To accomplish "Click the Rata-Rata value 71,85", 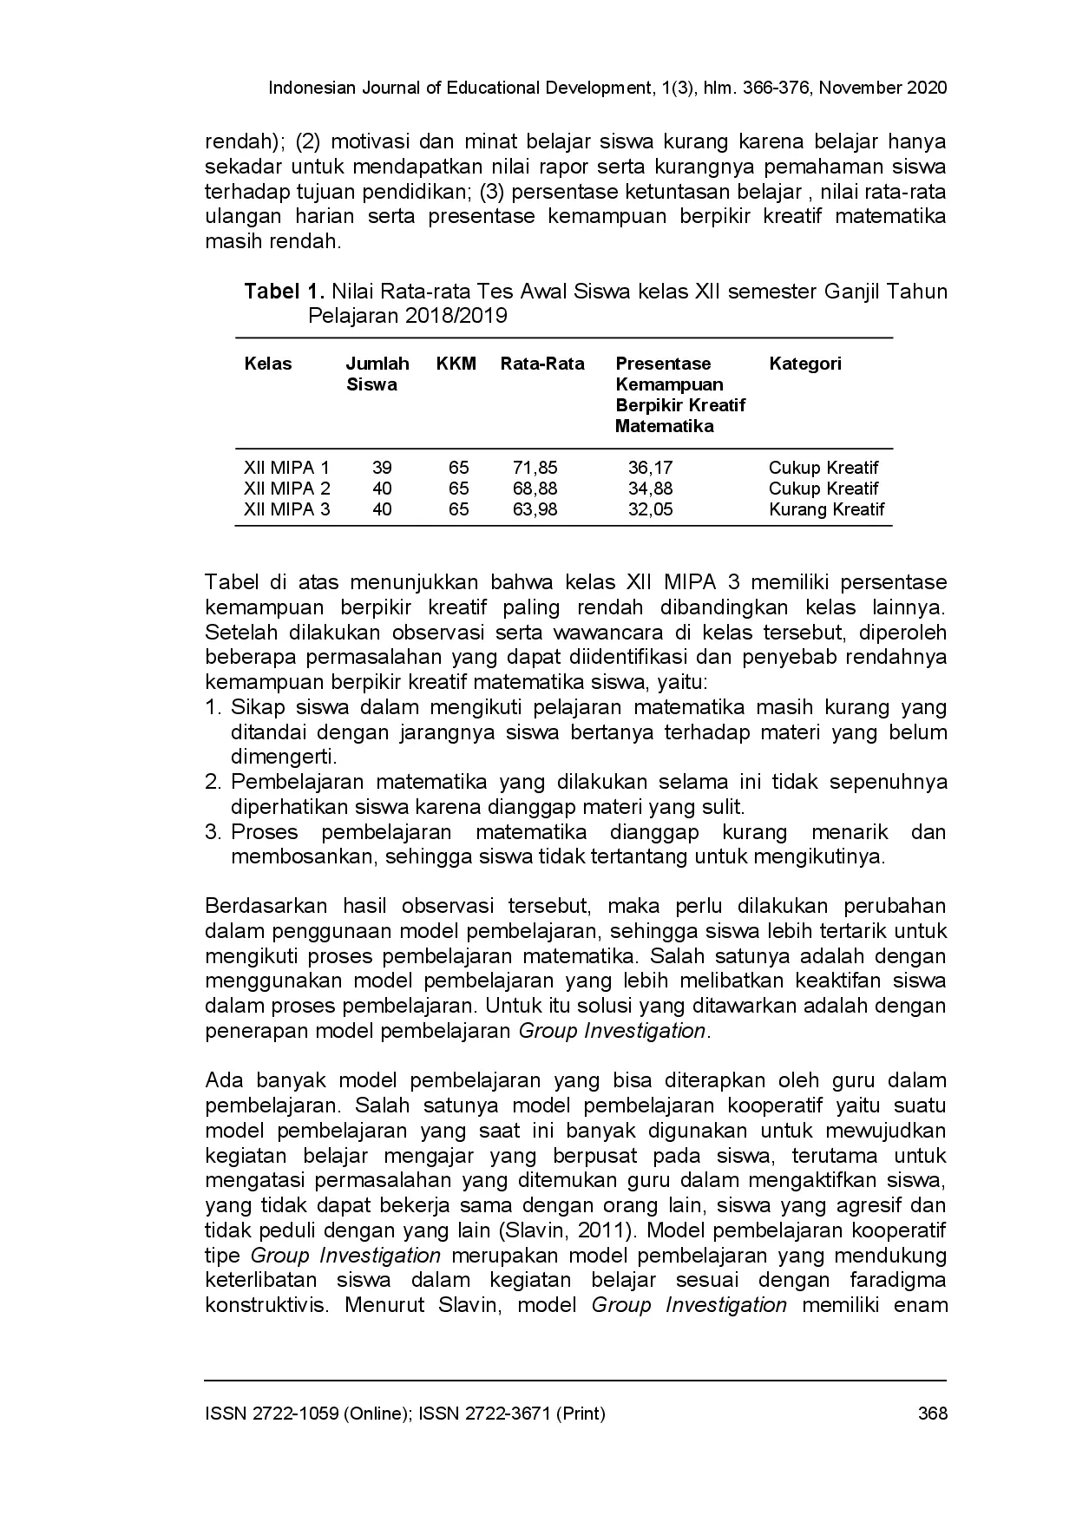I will [535, 468].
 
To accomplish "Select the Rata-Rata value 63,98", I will [535, 509].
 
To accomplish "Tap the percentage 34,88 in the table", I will [650, 489].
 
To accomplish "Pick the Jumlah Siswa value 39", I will [382, 468].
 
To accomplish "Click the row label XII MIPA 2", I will [287, 489].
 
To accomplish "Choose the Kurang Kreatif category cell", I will [826, 509].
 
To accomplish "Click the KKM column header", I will [456, 364].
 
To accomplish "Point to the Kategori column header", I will [805, 364].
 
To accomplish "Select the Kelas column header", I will [268, 364].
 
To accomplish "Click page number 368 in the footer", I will [932, 1414].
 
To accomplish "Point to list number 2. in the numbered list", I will [213, 782].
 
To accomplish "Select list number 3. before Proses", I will [213, 832].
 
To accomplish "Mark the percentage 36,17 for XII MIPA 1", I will [650, 468].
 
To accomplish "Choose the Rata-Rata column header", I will [542, 364].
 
